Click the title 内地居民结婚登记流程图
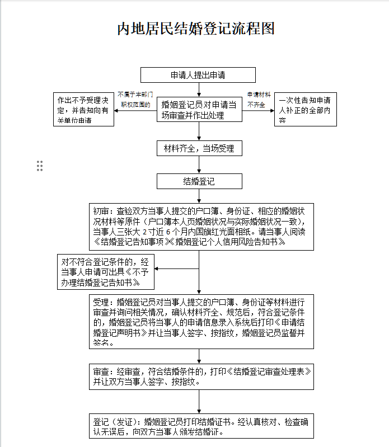(x=195, y=29)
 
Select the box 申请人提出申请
(x=198, y=75)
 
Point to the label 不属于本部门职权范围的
(x=135, y=100)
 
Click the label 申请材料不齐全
(x=259, y=100)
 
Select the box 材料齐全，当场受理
(x=199, y=148)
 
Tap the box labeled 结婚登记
(x=199, y=181)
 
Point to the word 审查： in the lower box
(x=105, y=371)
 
